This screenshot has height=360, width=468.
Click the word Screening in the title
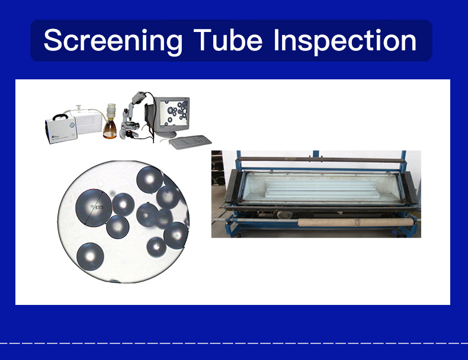coord(113,41)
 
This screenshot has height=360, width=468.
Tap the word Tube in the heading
coord(228,40)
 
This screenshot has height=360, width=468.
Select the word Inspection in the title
coord(344,41)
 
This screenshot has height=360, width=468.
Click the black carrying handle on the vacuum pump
coord(60,116)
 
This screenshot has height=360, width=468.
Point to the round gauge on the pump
coord(72,125)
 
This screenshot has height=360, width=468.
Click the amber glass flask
coord(110,129)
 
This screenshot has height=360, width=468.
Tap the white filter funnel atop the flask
coord(111,110)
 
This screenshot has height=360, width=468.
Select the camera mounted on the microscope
coord(139,97)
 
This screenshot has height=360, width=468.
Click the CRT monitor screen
coord(174,112)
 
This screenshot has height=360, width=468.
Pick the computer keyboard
coord(190,142)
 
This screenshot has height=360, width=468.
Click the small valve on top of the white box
coord(79,108)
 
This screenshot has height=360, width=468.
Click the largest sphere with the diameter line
coord(94,208)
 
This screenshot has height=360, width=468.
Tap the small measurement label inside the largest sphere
coord(100,207)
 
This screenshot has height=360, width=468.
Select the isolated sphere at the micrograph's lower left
coord(90,256)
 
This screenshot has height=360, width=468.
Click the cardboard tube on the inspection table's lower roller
coord(356,222)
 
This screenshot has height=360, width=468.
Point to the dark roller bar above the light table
coord(322,159)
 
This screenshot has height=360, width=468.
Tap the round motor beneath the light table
coord(284,214)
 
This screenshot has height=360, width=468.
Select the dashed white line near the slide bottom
coord(234,343)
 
